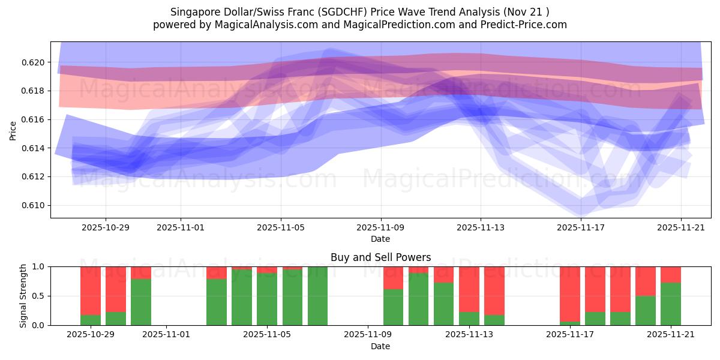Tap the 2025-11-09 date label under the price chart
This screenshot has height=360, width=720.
pos(380,228)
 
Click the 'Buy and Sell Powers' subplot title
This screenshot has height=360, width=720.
pos(380,257)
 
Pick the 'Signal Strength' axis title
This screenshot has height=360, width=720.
pos(23,296)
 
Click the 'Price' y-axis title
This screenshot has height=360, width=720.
pos(13,130)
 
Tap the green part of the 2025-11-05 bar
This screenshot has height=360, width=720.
pos(267,299)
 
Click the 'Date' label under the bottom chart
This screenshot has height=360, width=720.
pos(380,346)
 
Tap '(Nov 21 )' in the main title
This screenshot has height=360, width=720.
pos(527,12)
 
